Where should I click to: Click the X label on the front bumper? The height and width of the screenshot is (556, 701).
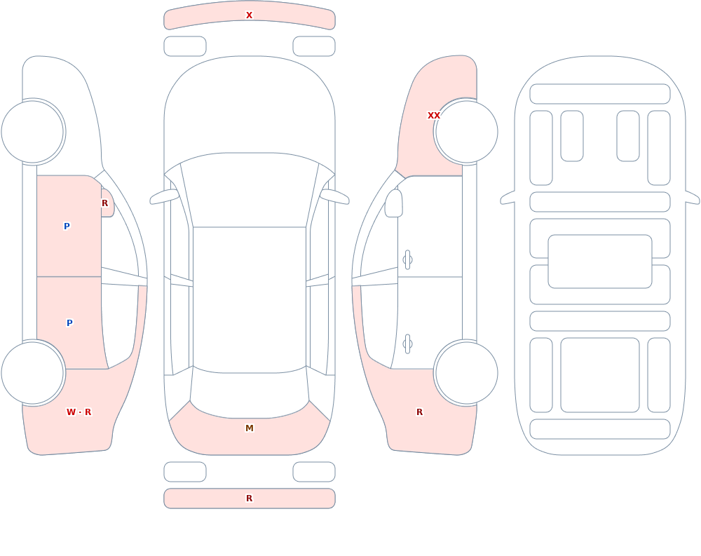(249, 15)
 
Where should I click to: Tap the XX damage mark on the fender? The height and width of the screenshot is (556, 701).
(434, 116)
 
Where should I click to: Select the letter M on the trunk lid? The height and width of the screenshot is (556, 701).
(250, 428)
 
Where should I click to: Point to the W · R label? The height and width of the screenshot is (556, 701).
(79, 412)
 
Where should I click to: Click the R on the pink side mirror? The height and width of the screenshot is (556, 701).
(104, 203)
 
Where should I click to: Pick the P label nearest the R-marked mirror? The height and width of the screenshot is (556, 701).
(67, 226)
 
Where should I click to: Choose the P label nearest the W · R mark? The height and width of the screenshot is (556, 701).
(69, 323)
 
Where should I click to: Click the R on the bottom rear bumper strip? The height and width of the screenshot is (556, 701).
(249, 498)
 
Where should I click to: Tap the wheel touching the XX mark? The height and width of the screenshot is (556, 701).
(466, 132)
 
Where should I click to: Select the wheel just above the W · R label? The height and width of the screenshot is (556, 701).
(33, 373)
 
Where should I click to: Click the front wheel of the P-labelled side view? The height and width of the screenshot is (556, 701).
(33, 132)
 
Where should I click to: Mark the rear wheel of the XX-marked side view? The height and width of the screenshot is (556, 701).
(466, 373)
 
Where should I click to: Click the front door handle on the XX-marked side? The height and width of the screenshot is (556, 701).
(407, 260)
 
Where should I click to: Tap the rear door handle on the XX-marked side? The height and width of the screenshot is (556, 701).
(407, 344)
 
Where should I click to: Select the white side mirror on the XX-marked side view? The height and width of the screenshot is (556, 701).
(393, 203)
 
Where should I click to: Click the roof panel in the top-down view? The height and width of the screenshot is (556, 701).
(250, 299)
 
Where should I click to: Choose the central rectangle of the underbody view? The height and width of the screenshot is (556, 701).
(600, 262)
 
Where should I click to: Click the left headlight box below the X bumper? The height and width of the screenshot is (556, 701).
(185, 46)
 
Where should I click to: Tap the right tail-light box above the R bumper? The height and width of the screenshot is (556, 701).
(314, 472)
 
